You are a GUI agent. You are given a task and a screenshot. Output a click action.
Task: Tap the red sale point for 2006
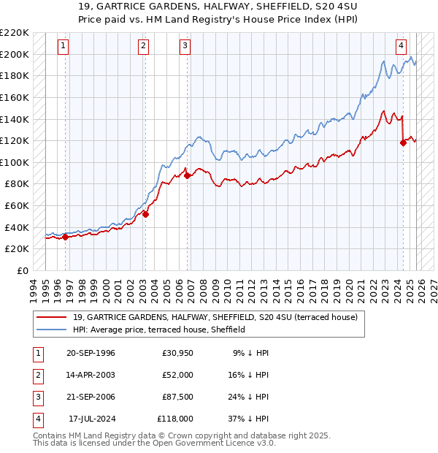point(188,175)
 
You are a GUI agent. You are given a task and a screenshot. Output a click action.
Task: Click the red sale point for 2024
point(403,143)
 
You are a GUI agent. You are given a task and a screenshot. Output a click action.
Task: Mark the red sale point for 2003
point(145,214)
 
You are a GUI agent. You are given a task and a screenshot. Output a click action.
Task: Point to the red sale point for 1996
point(66,237)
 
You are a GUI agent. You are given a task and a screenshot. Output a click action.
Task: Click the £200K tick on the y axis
point(15,54)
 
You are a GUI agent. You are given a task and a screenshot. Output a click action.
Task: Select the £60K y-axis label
point(17,206)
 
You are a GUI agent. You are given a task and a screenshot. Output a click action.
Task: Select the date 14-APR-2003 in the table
point(91,374)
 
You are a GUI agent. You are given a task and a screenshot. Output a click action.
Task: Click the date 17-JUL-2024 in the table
point(91,419)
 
